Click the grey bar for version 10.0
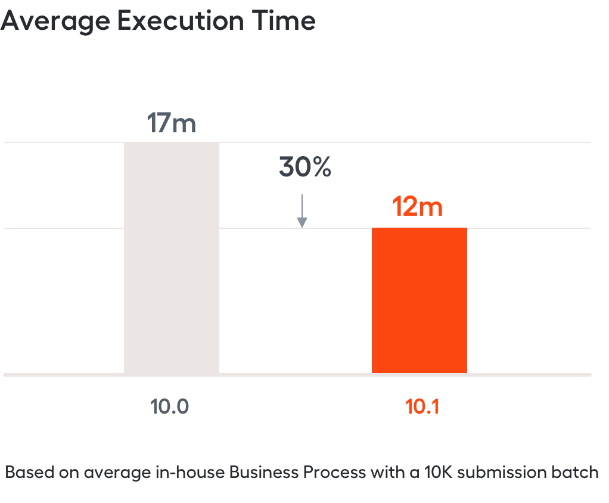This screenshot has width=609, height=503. click(x=171, y=257)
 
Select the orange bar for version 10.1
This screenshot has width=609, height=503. click(x=420, y=300)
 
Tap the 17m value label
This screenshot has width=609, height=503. click(x=171, y=123)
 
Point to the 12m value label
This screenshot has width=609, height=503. click(x=418, y=206)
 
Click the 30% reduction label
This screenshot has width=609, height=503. click(x=305, y=167)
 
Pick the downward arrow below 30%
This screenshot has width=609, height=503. click(x=302, y=211)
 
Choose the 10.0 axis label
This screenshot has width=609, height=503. click(x=169, y=406)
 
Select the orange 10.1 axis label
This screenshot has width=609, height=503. click(x=422, y=406)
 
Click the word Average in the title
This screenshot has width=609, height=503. click(x=55, y=21)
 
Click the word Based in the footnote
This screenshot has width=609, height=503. click(x=30, y=473)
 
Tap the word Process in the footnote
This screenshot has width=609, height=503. click(x=334, y=473)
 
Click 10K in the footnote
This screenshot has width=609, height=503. click(x=438, y=473)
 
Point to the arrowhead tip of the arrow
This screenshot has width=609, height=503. click(x=302, y=228)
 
